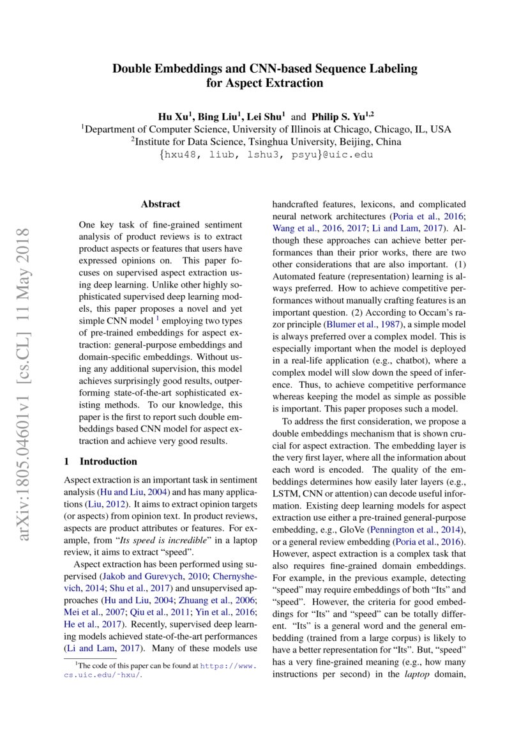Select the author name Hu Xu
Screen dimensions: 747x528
coord(174,117)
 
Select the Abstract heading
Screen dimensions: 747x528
coord(160,204)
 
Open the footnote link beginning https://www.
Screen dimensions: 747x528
coord(228,665)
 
